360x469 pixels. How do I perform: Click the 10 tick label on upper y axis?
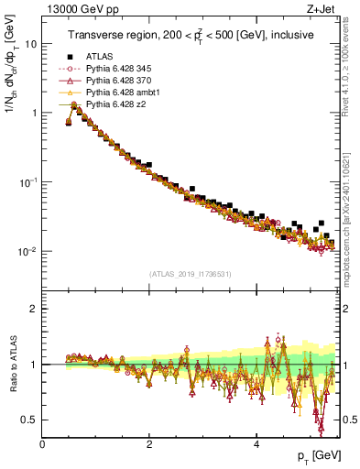pyautogui.click(x=30, y=44)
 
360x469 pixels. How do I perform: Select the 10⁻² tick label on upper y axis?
pyautogui.click(x=27, y=251)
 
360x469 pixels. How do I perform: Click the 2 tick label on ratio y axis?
pyautogui.click(x=34, y=309)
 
